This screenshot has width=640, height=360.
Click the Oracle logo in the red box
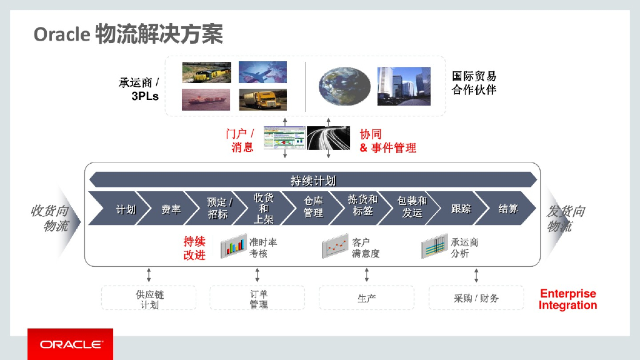click(70, 344)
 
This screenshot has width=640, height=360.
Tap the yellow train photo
click(206, 72)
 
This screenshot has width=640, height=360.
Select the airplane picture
click(262, 72)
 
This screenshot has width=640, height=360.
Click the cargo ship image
click(206, 99)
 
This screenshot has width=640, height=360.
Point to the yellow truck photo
click(262, 99)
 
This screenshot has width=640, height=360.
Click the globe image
click(342, 86)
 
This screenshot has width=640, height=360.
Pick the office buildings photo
click(403, 86)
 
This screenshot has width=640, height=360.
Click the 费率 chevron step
click(171, 209)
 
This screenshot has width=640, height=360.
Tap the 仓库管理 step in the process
click(313, 208)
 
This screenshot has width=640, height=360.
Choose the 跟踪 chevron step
click(461, 209)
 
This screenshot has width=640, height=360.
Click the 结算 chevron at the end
click(507, 209)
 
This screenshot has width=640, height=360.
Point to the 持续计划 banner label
click(312, 181)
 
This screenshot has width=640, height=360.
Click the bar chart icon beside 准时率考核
click(233, 247)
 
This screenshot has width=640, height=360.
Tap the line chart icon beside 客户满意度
click(335, 247)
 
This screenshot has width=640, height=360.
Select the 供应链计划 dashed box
click(149, 298)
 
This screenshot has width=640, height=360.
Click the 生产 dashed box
click(366, 298)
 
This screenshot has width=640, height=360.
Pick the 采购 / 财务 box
click(476, 298)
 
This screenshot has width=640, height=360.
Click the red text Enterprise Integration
click(567, 299)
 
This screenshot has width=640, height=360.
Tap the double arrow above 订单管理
click(257, 275)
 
